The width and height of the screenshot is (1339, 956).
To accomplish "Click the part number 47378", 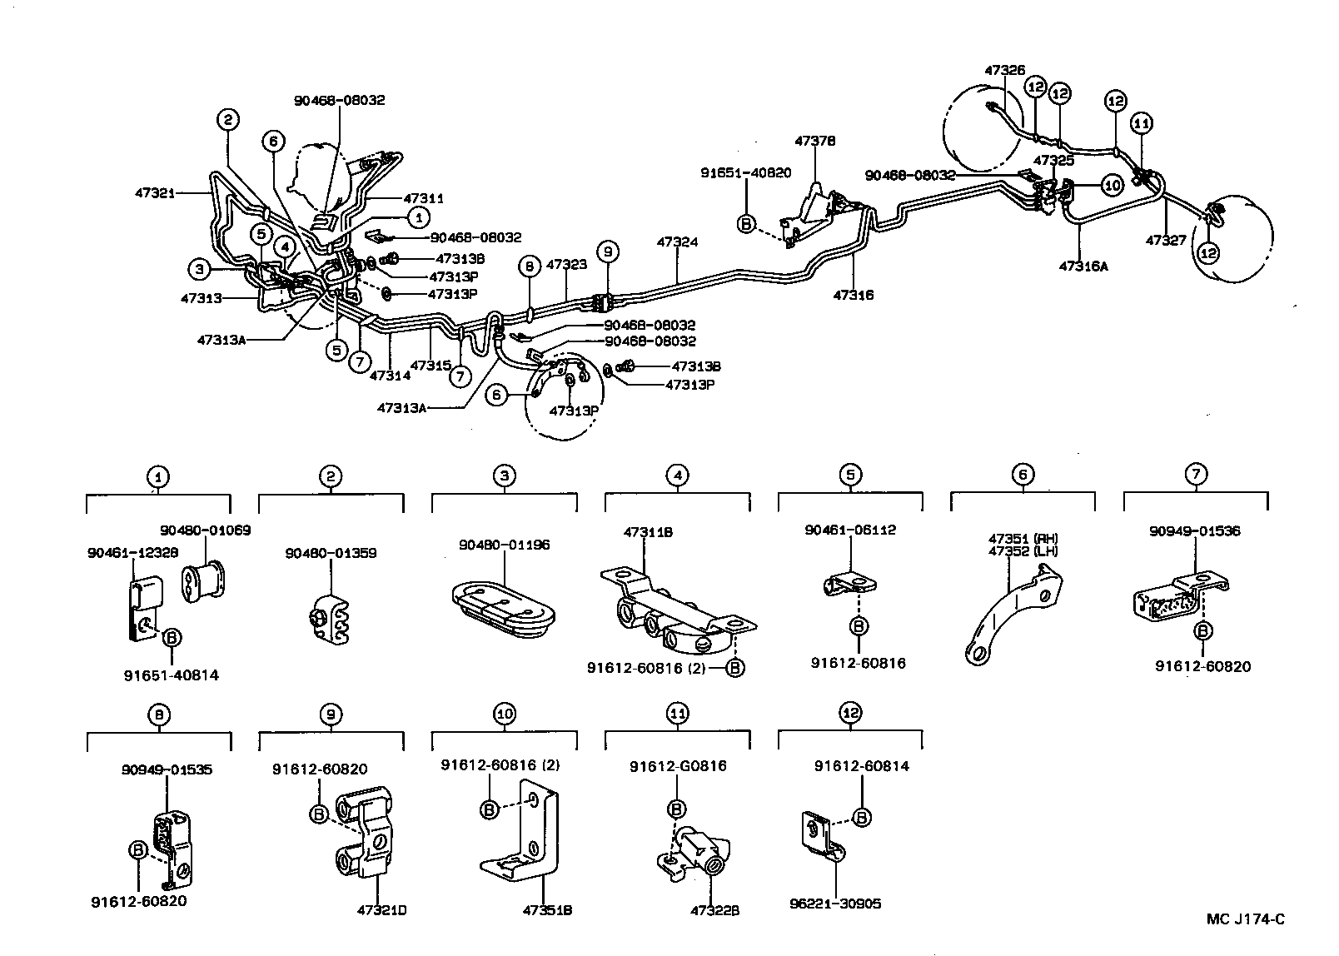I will pyautogui.click(x=814, y=142).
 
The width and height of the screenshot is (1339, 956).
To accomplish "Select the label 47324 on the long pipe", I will pyautogui.click(x=677, y=242).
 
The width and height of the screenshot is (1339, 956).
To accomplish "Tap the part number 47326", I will pyautogui.click(x=1004, y=71).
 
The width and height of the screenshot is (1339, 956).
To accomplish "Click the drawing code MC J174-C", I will pyautogui.click(x=1246, y=919).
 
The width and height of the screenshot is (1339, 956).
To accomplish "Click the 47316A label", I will pyautogui.click(x=1083, y=266).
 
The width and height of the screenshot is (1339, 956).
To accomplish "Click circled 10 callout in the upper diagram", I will pyautogui.click(x=1113, y=185).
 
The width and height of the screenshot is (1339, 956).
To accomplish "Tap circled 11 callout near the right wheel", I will pyautogui.click(x=1142, y=123).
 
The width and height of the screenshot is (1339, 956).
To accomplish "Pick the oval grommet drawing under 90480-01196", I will pyautogui.click(x=503, y=601).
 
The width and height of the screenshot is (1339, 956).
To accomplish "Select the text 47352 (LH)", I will pyautogui.click(x=1023, y=550).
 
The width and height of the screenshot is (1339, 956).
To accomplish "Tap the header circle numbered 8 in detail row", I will pyautogui.click(x=157, y=714).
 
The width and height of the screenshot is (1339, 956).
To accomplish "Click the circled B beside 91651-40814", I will pyautogui.click(x=170, y=638).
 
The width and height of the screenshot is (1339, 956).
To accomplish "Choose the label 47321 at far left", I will pyautogui.click(x=155, y=192).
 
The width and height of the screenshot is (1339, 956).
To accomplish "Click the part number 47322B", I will pyautogui.click(x=715, y=910).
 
